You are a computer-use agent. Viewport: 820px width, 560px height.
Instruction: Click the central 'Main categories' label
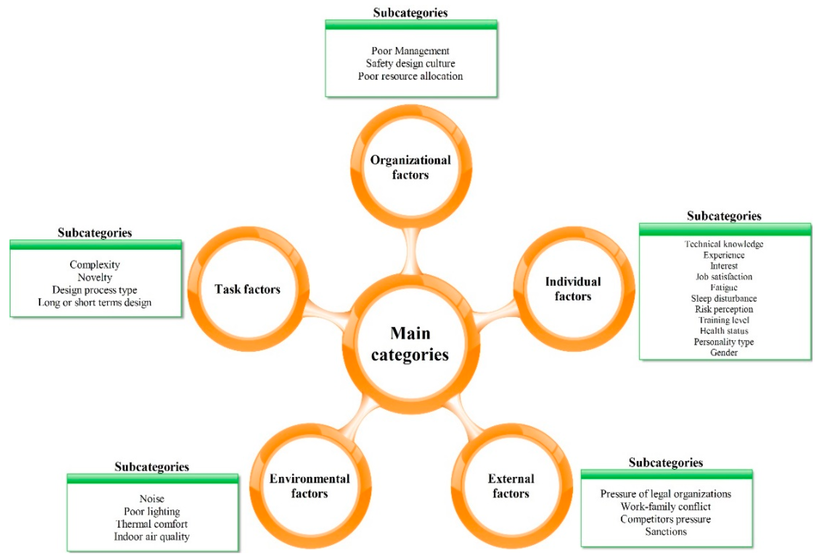[410, 344]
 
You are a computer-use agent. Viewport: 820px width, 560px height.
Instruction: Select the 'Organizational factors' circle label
[410, 167]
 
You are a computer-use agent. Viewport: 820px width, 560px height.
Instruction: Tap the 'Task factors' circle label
[247, 289]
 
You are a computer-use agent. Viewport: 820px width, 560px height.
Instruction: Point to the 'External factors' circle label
[511, 486]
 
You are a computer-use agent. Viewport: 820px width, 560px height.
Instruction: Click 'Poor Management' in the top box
[410, 51]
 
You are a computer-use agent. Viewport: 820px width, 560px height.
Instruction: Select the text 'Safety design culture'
[410, 63]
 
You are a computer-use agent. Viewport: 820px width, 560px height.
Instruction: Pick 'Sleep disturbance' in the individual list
[724, 298]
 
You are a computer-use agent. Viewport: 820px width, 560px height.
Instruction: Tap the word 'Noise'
[152, 499]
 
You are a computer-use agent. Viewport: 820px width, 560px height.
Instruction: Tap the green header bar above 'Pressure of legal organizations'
[667, 475]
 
